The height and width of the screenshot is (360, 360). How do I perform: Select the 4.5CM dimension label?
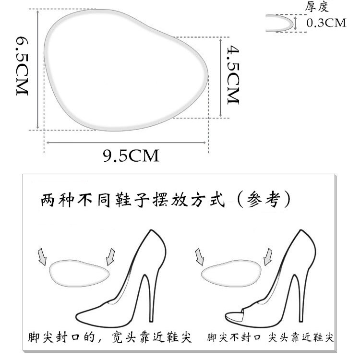tap(233, 74)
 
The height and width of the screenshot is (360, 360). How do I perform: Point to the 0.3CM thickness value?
tap(326, 23)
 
